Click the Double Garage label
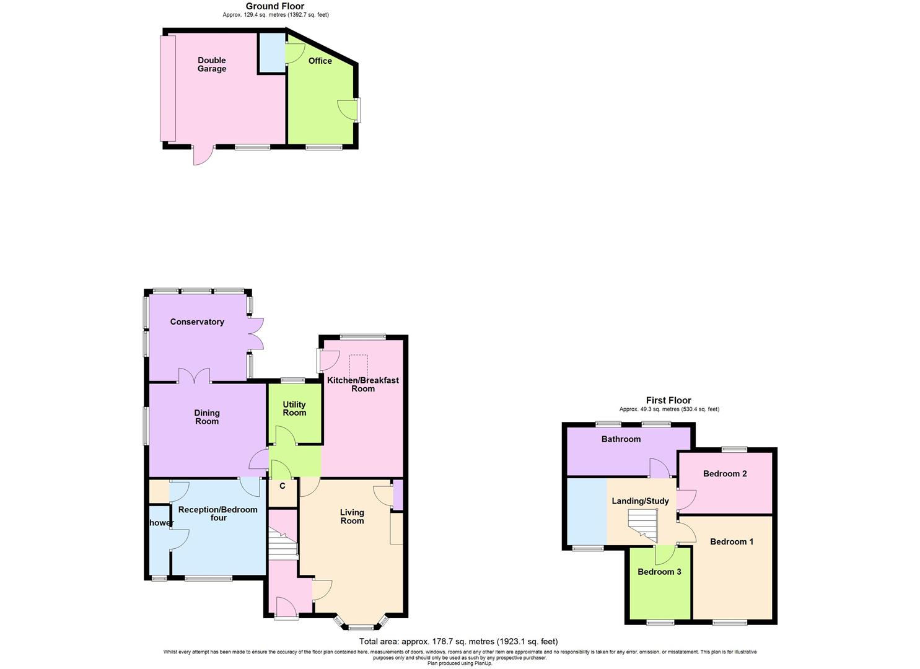pos(212,64)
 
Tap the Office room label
pos(320,61)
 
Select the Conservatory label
pos(197,321)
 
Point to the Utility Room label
pos(294,408)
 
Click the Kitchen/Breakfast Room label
pos(363,384)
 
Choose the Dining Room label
pos(207,417)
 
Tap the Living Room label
pos(352,516)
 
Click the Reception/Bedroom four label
pos(217,514)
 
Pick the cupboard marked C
pos(283,486)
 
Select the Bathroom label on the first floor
pos(621,439)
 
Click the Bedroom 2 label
pos(725,473)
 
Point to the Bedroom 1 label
pos(732,541)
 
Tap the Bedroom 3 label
pos(659,571)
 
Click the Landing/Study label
pos(640,501)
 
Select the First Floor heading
pos(668,400)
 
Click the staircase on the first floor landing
pos(642,525)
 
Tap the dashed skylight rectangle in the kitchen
pos(359,364)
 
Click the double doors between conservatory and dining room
pos(195,376)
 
